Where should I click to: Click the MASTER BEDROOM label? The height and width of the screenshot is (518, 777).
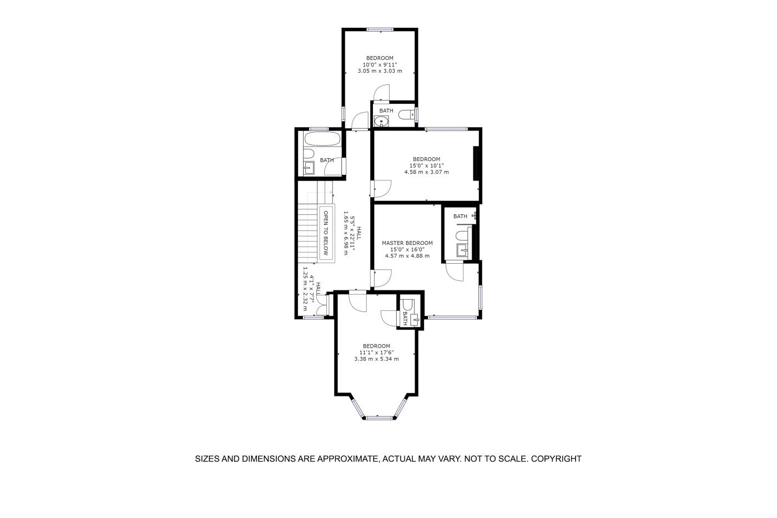tap(407, 243)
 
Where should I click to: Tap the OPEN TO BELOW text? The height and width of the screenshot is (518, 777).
tap(326, 233)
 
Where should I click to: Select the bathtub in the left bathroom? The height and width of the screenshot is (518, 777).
tap(322, 139)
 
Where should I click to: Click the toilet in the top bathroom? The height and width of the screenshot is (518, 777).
tap(406, 114)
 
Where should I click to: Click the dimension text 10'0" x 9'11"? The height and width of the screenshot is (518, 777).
tap(380, 64)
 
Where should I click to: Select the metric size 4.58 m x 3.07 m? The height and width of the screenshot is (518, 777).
tap(427, 172)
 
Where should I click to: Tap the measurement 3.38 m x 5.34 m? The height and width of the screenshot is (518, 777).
tap(376, 359)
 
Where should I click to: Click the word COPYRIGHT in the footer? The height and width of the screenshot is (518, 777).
tap(556, 459)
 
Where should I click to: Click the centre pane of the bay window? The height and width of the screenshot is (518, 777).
tap(379, 418)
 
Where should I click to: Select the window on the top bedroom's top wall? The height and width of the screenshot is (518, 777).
tap(380, 29)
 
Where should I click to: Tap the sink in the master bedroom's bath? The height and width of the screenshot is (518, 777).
tap(462, 250)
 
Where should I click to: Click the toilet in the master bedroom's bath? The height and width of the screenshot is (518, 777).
tap(462, 236)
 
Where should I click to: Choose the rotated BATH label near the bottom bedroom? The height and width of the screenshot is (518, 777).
tap(405, 319)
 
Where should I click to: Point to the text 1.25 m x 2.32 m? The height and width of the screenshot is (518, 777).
tap(305, 290)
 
